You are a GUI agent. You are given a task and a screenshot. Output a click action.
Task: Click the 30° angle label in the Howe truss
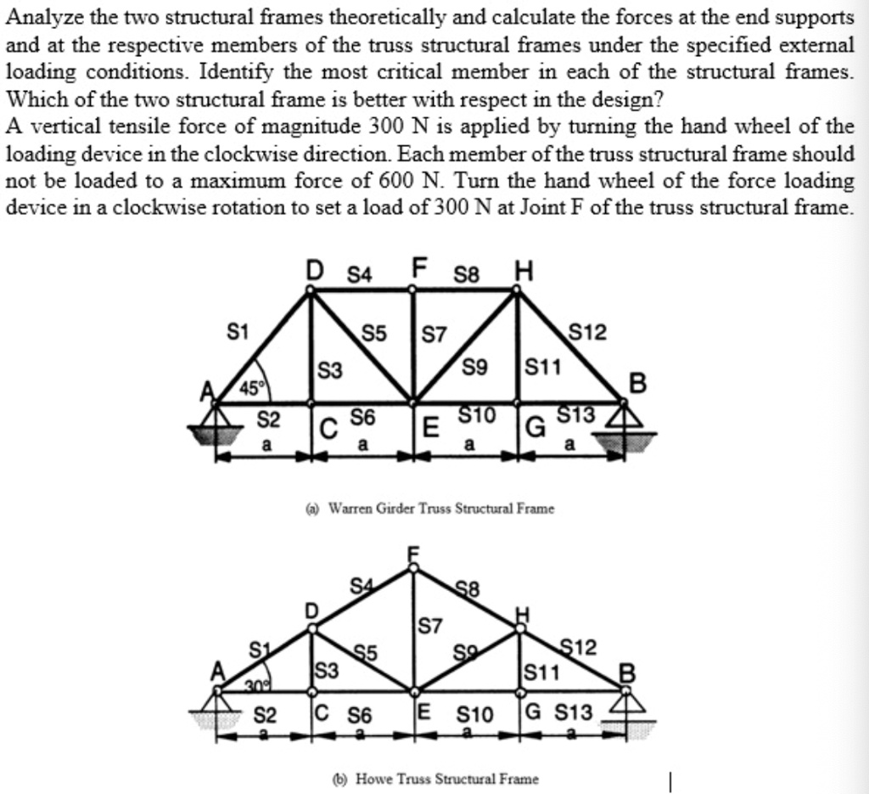pyautogui.click(x=256, y=686)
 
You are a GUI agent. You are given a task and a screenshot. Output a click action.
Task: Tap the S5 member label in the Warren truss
pyautogui.click(x=374, y=334)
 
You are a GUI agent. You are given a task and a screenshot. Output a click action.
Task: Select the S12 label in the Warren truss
pyautogui.click(x=588, y=333)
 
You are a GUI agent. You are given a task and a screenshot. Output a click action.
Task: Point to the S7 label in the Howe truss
pyautogui.click(x=430, y=626)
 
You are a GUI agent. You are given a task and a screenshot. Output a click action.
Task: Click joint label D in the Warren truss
pyautogui.click(x=315, y=270)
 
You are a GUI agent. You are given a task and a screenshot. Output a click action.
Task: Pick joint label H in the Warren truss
pyautogui.click(x=524, y=271)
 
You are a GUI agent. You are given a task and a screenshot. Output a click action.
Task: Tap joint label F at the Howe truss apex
pyautogui.click(x=413, y=555)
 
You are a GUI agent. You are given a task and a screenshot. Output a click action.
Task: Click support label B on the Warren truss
pyautogui.click(x=638, y=383)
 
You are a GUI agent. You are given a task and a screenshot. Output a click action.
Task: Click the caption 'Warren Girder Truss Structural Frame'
pyautogui.click(x=441, y=508)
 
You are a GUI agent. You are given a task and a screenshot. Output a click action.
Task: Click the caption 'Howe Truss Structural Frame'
pyautogui.click(x=446, y=779)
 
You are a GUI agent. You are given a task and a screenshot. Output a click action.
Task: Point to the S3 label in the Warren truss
pyautogui.click(x=330, y=370)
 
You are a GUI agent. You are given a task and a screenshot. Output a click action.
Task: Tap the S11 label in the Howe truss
pyautogui.click(x=542, y=673)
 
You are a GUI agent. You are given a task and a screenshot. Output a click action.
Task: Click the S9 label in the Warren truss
pyautogui.click(x=475, y=367)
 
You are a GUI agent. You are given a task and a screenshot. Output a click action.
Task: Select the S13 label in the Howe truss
pyautogui.click(x=575, y=712)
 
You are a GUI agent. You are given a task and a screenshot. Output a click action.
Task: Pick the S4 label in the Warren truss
pyautogui.click(x=360, y=274)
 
